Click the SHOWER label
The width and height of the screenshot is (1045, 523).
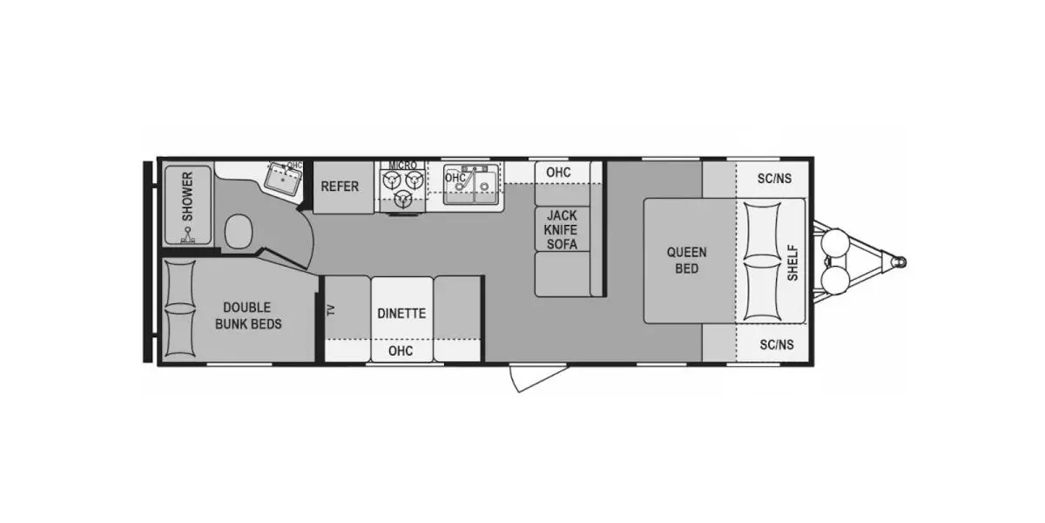tap(187, 197)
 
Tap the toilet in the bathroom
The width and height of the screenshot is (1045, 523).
tap(239, 231)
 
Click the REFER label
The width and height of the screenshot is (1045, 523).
tap(340, 187)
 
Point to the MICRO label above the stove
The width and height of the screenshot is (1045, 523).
tap(402, 166)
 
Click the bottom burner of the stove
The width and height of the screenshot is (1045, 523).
tap(402, 200)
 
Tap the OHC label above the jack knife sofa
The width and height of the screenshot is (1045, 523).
tap(558, 173)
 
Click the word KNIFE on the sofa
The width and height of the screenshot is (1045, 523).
tap(561, 230)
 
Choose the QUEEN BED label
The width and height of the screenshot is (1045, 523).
tap(687, 261)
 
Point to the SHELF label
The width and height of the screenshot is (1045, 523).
tap(792, 263)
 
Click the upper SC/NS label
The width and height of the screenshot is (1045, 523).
tap(774, 179)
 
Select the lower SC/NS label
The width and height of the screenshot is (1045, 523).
tap(777, 344)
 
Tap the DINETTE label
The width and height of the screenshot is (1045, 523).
tap(401, 313)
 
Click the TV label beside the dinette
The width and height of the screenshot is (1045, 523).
tap(331, 310)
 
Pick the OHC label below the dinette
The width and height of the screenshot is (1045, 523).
tap(401, 350)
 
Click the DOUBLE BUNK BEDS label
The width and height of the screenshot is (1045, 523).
tap(248, 316)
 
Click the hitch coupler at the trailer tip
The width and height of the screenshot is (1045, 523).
tap(900, 262)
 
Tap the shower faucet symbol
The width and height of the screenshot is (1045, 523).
tap(188, 236)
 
